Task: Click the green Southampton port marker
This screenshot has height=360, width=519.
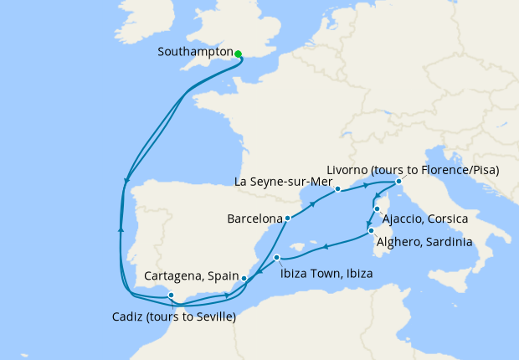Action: [x=239, y=54]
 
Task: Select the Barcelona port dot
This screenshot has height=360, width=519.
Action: [x=287, y=219]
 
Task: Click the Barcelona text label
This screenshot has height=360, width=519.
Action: [x=254, y=219]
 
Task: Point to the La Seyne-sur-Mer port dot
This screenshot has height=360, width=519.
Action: [x=337, y=189]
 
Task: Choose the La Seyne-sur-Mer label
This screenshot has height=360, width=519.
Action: [x=284, y=182]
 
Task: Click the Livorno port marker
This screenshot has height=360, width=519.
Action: [x=398, y=182]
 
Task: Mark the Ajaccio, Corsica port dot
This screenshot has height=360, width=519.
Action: [x=378, y=209]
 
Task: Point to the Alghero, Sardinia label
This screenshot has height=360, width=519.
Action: [x=424, y=242]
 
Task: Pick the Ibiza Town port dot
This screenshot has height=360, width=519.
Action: [x=276, y=258]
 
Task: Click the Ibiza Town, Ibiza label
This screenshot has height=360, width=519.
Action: [x=326, y=273]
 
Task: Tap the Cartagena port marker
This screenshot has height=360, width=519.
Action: [x=244, y=279]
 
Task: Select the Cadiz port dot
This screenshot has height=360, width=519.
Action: [x=171, y=295]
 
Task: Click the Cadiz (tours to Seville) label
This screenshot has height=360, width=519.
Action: [x=173, y=316]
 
